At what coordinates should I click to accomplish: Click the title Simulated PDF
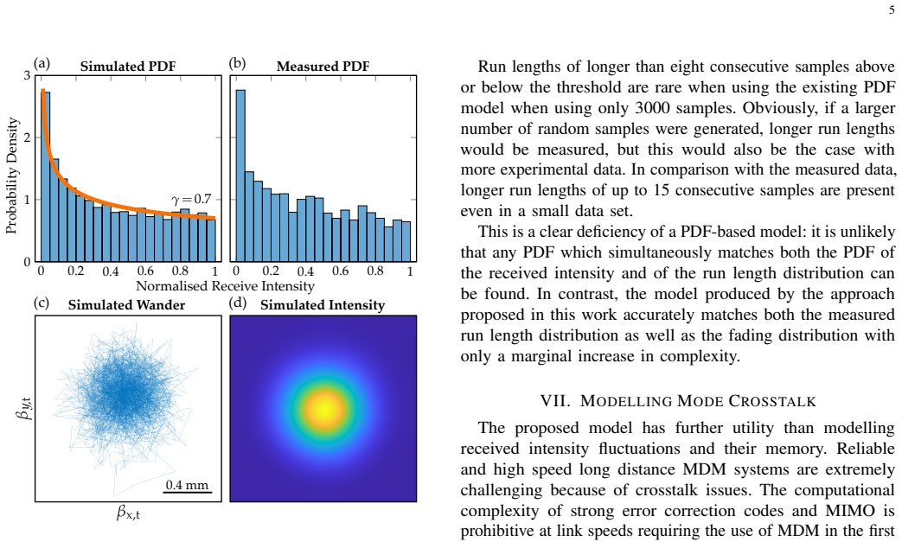pyautogui.click(x=128, y=67)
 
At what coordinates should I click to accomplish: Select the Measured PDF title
pyautogui.click(x=323, y=67)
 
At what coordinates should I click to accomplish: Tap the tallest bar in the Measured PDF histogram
pyautogui.click(x=240, y=175)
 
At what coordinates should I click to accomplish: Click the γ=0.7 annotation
pyautogui.click(x=192, y=200)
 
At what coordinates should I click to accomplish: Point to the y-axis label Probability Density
pyautogui.click(x=11, y=175)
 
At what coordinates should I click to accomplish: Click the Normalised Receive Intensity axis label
pyautogui.click(x=225, y=286)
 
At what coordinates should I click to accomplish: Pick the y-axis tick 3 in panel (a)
pyautogui.click(x=27, y=75)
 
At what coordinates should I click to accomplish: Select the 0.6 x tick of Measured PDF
pyautogui.click(x=341, y=271)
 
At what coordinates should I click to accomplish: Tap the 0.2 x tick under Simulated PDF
pyautogui.click(x=75, y=271)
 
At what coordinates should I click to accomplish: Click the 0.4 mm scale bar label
pyautogui.click(x=187, y=485)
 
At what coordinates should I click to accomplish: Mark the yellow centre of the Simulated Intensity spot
pyautogui.click(x=324, y=409)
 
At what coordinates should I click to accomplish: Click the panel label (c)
pyautogui.click(x=42, y=303)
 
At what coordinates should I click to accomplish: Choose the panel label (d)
pyautogui.click(x=238, y=303)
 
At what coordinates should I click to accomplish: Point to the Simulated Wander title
pyautogui.click(x=126, y=305)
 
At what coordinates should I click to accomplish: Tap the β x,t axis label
pyautogui.click(x=128, y=512)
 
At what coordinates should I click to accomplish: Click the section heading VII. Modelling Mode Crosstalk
pyautogui.click(x=678, y=401)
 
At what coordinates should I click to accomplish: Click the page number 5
pyautogui.click(x=892, y=10)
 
